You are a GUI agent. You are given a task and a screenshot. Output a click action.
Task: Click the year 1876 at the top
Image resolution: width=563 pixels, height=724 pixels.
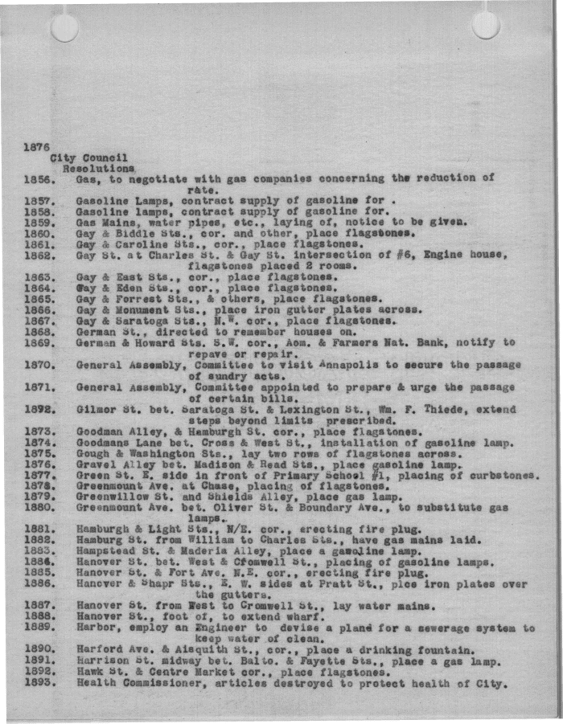coord(37,147)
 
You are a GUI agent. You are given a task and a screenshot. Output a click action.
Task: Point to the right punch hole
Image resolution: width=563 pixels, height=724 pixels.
coord(486,25)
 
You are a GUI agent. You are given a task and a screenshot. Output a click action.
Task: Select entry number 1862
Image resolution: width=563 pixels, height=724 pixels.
coord(39,256)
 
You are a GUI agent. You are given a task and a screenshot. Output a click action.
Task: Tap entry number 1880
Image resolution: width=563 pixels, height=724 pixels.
coord(39,508)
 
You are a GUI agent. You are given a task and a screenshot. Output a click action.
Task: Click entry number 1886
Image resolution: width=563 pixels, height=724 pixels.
coord(39,585)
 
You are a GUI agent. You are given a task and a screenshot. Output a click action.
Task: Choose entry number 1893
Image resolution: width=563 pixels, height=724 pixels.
coord(39,684)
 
